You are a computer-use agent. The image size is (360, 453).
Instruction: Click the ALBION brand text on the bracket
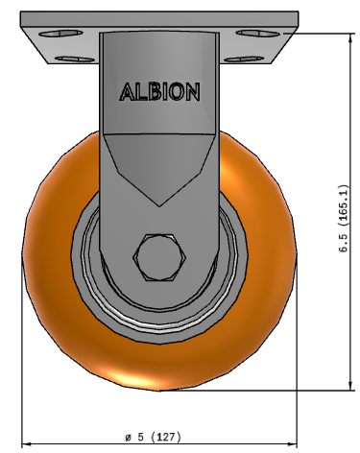(159, 92)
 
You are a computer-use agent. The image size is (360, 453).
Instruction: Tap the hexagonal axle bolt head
(159, 257)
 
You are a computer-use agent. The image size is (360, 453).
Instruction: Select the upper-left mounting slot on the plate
(60, 34)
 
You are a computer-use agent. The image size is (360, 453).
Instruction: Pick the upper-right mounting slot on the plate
(257, 33)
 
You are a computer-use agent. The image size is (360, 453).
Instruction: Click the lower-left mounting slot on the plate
(75, 60)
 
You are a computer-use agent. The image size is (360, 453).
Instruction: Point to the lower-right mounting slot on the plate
(244, 60)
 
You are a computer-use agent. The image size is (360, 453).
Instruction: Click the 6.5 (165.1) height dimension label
(344, 218)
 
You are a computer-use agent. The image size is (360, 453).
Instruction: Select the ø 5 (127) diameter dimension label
(153, 437)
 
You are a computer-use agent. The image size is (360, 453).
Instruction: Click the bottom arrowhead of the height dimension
(351, 386)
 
